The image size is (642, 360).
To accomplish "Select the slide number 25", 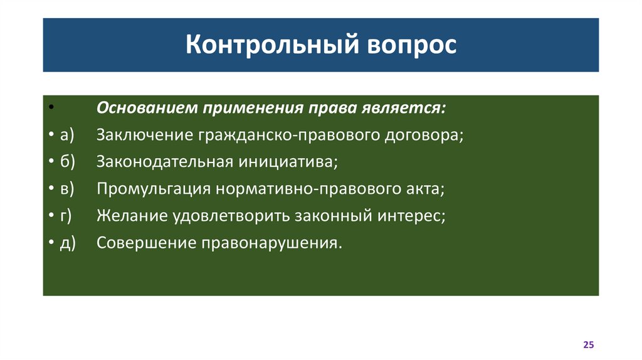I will [x=588, y=345].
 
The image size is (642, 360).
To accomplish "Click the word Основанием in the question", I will [x=146, y=107].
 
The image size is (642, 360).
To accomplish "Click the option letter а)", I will [x=67, y=135].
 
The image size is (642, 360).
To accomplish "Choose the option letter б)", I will [x=67, y=162].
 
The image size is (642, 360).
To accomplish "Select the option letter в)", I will [x=67, y=189].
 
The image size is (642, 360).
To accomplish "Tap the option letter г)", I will [x=66, y=216].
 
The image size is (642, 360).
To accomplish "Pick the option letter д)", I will [x=67, y=243].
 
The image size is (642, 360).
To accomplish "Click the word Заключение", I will [x=144, y=135].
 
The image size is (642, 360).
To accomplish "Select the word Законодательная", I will [x=164, y=162].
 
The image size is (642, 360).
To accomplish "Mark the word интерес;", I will [x=412, y=216].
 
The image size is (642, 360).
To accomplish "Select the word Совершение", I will [x=145, y=243].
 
